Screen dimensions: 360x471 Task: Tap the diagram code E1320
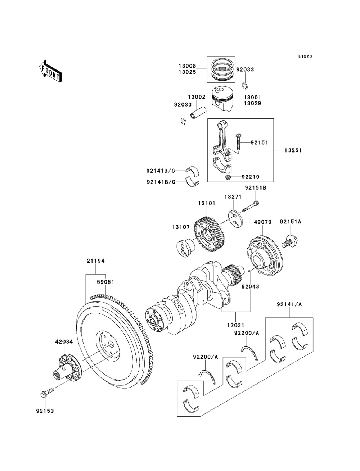tap(305, 56)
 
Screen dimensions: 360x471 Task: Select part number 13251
tap(293, 150)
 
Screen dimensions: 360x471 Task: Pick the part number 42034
tap(64, 341)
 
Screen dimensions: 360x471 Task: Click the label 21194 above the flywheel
tap(96, 261)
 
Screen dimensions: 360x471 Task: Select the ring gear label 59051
tap(105, 282)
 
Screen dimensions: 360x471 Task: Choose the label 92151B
tap(256, 188)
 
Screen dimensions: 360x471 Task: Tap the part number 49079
tap(263, 222)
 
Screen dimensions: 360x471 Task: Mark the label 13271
tap(233, 196)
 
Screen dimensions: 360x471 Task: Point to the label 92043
tap(250, 286)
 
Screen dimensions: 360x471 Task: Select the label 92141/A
tap(289, 304)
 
